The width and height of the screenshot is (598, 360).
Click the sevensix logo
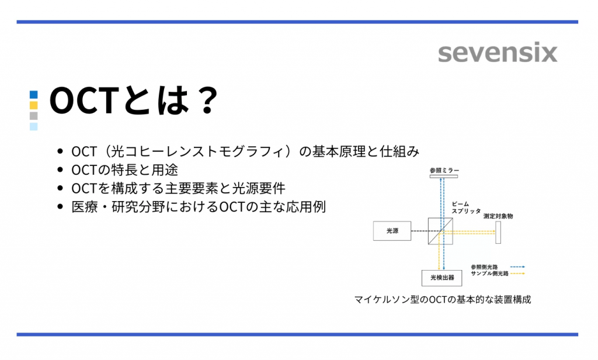pyautogui.click(x=498, y=53)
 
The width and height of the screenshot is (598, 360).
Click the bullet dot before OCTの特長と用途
pyautogui.click(x=61, y=170)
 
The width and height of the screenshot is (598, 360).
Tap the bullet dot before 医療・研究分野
pyautogui.click(x=61, y=207)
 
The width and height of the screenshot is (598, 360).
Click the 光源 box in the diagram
pyautogui.click(x=392, y=231)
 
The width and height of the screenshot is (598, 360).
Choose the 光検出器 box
pyautogui.click(x=438, y=276)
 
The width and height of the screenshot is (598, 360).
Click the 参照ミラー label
pyautogui.click(x=444, y=170)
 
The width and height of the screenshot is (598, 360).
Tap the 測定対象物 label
pyautogui.click(x=498, y=216)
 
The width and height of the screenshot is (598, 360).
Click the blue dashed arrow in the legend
pyautogui.click(x=517, y=266)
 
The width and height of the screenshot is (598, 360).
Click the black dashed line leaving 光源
pyautogui.click(x=419, y=231)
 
